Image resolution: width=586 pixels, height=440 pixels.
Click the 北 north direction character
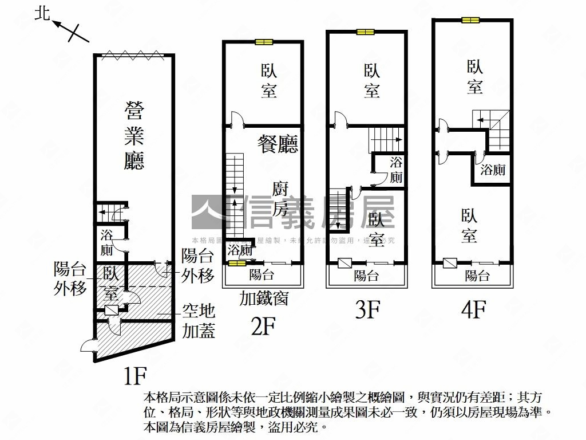[43, 14]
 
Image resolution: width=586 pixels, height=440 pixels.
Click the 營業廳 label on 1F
[133, 136]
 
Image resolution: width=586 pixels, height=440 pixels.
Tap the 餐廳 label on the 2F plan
[278, 143]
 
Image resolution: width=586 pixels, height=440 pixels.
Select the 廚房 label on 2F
[280, 199]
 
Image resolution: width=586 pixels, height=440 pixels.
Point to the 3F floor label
[367, 310]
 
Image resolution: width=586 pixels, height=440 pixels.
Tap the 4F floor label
[473, 310]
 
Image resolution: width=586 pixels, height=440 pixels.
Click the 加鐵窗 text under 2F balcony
[264, 298]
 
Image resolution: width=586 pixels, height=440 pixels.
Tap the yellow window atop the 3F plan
[365, 32]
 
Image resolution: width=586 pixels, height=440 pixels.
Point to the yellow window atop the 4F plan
[470, 21]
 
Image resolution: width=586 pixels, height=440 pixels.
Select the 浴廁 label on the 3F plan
[396, 170]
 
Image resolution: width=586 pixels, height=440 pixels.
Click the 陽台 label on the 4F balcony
[477, 276]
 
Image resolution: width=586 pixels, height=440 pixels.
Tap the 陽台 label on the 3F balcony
[366, 276]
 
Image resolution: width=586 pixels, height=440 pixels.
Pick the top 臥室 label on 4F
[474, 77]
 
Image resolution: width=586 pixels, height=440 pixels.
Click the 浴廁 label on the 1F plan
[106, 242]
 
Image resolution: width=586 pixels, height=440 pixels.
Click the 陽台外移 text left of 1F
[70, 278]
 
